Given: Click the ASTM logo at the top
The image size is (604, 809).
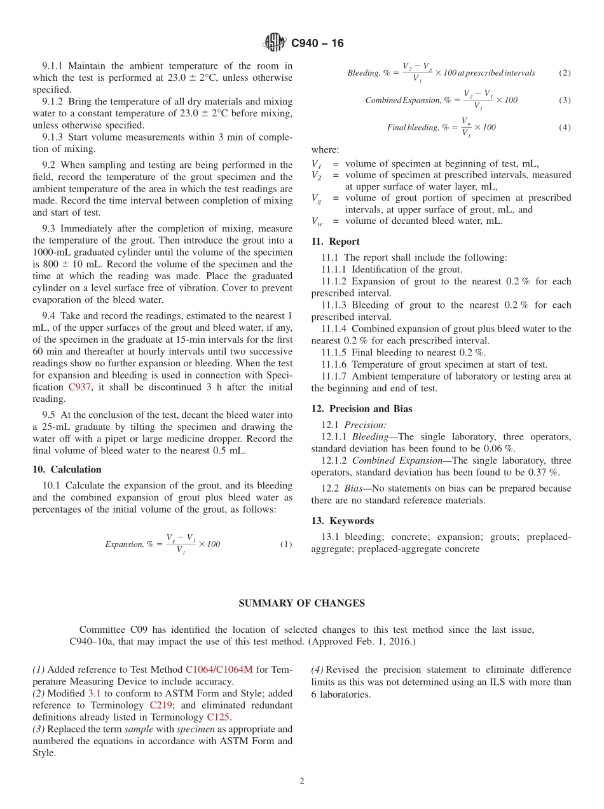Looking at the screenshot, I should pos(275,43).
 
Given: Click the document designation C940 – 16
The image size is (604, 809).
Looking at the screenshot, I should pos(317,43).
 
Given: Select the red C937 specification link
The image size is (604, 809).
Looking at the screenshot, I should pos(81,387).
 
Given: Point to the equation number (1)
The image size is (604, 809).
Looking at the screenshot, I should pos(286,544).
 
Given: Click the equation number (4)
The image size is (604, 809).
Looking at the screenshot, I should pos(565,127).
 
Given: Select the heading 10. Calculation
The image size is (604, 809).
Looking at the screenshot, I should pos(67,469).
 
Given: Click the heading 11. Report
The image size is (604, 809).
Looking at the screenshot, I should pos(335,242).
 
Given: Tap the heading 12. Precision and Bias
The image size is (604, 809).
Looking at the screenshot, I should pos(361,409).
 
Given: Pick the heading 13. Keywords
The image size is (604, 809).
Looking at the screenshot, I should pos(342,521).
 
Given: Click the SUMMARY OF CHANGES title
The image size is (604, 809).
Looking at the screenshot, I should pos(301,604).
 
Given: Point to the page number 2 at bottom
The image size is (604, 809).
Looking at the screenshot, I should pos(302,781).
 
